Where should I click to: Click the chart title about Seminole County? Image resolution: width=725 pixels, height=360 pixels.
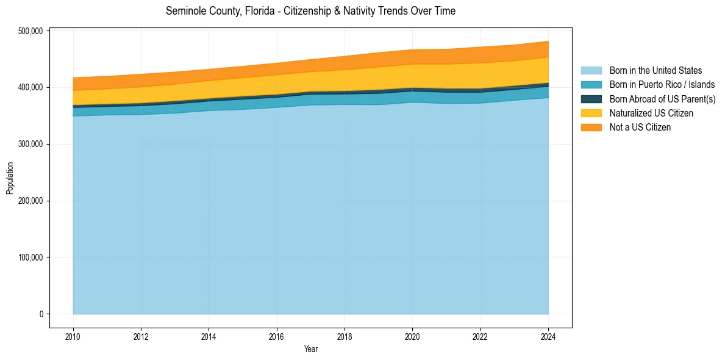point(310,11)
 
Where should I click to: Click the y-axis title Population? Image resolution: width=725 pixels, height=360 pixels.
point(10,178)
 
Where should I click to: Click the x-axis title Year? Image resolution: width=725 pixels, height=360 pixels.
point(310,349)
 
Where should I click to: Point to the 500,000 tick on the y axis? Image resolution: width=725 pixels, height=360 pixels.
point(31,31)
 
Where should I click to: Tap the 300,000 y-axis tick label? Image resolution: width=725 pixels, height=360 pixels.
point(31,145)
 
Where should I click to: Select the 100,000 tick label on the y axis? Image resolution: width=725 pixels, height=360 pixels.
point(31,257)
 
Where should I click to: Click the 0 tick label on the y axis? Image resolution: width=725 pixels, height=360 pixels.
point(41,314)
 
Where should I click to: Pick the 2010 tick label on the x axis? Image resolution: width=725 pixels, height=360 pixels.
point(73,336)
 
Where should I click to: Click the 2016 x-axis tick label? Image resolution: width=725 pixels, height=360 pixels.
point(277,336)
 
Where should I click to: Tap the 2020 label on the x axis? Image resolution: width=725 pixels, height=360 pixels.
point(413,336)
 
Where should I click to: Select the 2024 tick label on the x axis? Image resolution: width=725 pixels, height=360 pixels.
point(548,336)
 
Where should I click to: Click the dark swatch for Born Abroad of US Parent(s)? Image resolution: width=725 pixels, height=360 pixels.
point(591,99)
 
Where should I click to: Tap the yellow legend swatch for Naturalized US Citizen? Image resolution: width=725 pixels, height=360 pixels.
point(591,113)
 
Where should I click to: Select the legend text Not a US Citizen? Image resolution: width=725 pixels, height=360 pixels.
point(640,127)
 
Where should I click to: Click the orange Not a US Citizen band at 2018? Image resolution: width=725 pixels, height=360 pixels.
point(345,63)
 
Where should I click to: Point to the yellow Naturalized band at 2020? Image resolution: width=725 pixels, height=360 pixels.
point(413,76)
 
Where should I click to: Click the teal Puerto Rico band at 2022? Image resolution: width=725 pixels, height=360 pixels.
point(480,98)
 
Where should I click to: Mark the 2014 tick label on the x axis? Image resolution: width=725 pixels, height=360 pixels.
point(209,336)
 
